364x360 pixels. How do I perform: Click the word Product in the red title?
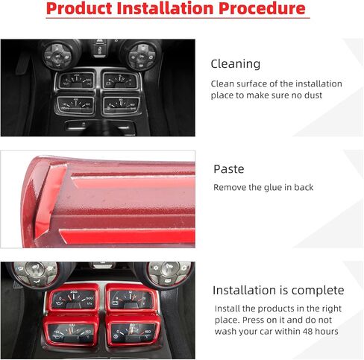pyautogui.click(x=79, y=8)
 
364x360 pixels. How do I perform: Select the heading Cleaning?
pyautogui.click(x=236, y=64)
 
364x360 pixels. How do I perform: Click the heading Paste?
pyautogui.click(x=229, y=169)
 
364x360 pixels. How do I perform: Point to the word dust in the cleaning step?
pyautogui.click(x=313, y=95)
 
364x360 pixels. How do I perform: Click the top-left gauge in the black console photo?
pyautogui.click(x=75, y=80)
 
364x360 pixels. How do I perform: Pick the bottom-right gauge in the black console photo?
pyautogui.click(x=122, y=105)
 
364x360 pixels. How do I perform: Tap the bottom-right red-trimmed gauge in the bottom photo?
pyautogui.click(x=133, y=332)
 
